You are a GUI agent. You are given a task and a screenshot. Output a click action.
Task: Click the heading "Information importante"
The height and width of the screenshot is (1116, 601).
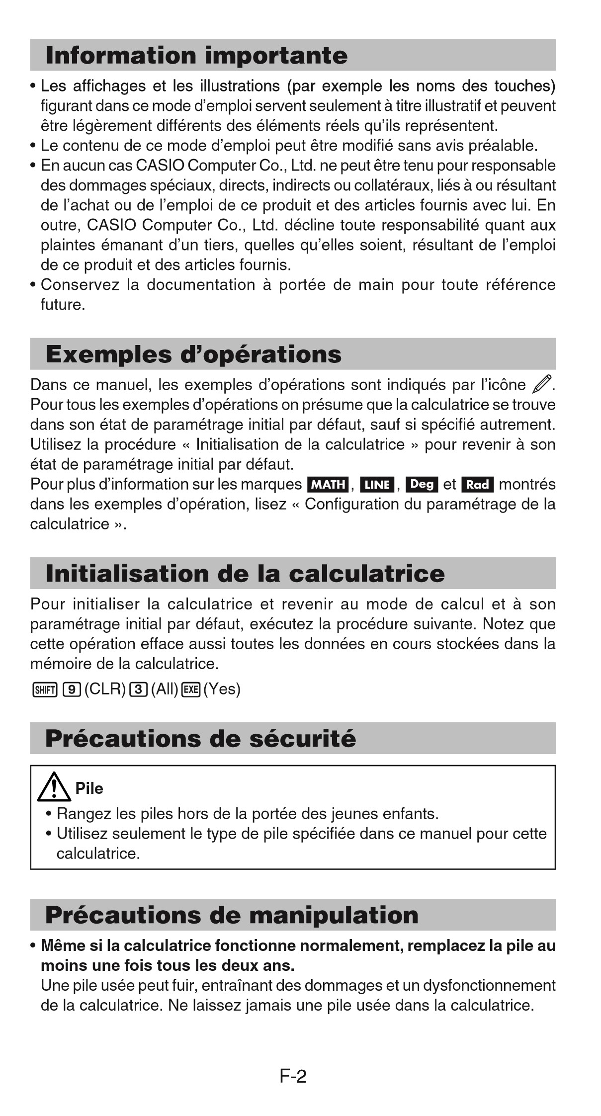click(196, 55)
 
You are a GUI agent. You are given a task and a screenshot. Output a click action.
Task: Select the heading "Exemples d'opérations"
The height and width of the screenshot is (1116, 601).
click(193, 354)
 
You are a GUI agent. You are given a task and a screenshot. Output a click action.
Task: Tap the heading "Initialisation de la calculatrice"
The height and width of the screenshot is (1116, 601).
click(245, 574)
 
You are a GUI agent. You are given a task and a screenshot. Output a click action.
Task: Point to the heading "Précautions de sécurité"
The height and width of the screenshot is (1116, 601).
click(200, 739)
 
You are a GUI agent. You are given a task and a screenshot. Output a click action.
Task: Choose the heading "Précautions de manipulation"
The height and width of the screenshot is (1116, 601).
click(232, 915)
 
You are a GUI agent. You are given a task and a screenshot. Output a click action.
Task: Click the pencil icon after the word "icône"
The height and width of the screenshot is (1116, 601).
click(541, 385)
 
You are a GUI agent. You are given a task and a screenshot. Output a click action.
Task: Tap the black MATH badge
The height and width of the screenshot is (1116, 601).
click(328, 484)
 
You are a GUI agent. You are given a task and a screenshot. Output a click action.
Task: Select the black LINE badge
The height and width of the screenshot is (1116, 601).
click(377, 484)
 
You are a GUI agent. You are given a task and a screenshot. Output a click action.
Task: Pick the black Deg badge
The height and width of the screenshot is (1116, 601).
click(422, 484)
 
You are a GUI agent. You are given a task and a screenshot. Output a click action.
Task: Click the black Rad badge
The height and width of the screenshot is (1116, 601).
click(477, 484)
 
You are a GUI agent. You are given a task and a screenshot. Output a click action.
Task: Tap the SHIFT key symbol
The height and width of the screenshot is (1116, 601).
click(45, 689)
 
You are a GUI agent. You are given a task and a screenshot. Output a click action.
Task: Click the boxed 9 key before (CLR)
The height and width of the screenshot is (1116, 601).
click(72, 689)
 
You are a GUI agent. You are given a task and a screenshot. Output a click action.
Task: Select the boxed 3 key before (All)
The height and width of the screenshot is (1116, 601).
click(138, 689)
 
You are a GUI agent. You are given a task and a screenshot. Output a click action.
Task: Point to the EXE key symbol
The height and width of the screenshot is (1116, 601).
click(191, 689)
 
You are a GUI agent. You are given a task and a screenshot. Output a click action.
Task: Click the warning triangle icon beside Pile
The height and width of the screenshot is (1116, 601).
click(54, 788)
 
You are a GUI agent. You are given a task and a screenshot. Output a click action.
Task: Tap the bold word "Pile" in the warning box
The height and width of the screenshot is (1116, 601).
click(89, 788)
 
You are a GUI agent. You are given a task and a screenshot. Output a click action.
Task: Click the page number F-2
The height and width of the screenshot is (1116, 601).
click(293, 1076)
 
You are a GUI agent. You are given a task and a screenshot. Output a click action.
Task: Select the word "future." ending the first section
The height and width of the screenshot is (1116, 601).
click(63, 305)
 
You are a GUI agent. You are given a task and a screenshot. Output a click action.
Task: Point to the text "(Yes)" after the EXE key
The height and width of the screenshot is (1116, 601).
click(222, 689)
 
